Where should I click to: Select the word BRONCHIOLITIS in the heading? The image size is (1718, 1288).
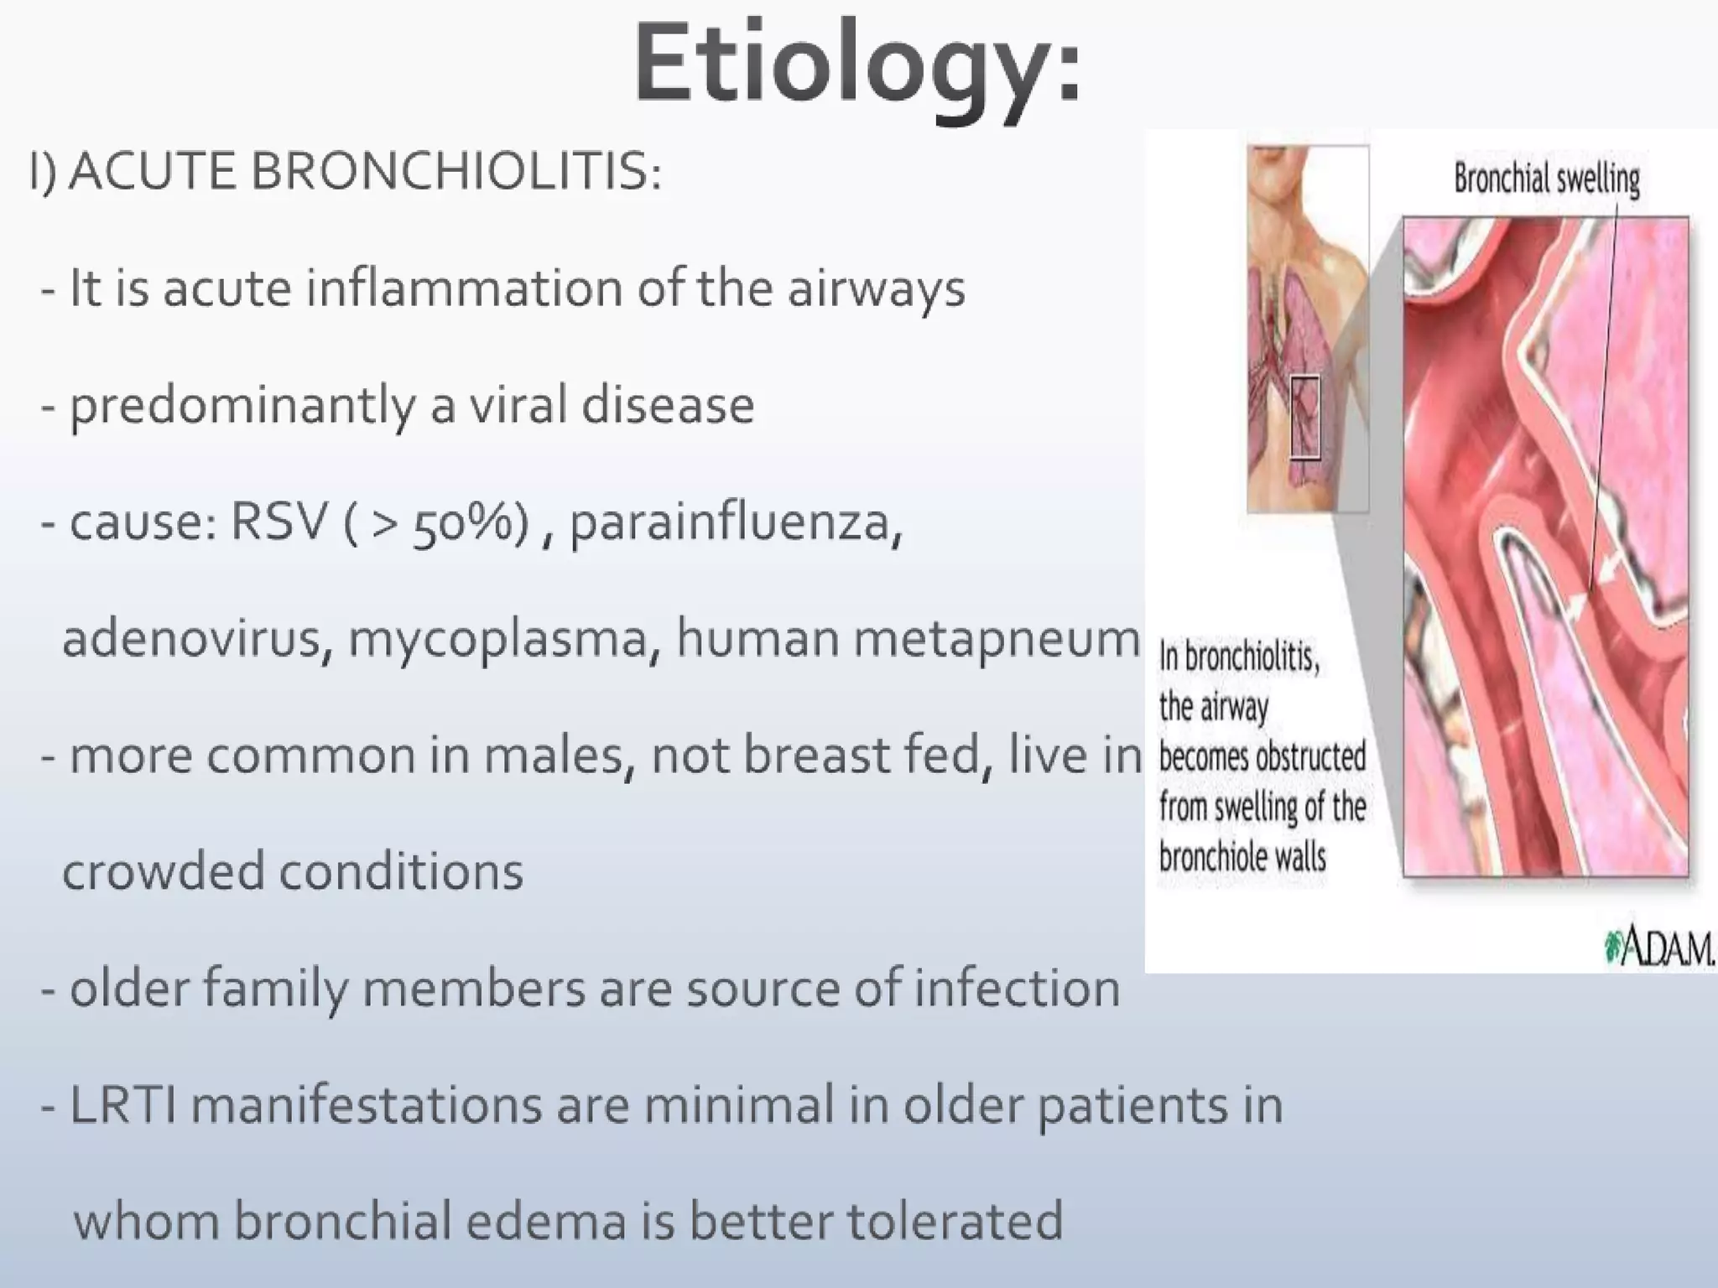[456, 172]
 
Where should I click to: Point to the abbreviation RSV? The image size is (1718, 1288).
[278, 522]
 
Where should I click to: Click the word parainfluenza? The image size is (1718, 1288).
[736, 523]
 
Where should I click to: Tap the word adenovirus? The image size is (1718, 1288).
[191, 638]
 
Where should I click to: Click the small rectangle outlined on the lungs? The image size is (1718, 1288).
[1304, 418]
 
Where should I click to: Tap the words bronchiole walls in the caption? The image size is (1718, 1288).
[1242, 857]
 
